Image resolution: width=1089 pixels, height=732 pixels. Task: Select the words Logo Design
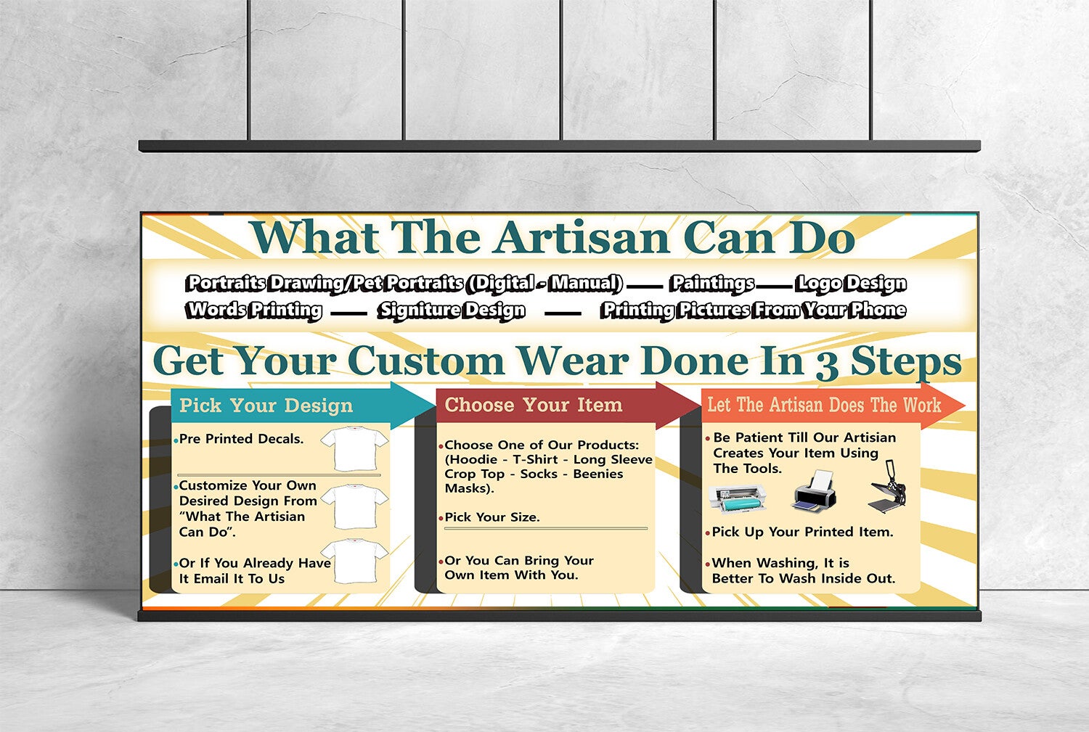tap(851, 284)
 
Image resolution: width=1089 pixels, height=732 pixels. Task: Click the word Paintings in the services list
tap(712, 284)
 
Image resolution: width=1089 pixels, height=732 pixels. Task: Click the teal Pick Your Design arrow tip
tap(434, 405)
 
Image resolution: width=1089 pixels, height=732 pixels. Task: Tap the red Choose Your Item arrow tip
tap(699, 405)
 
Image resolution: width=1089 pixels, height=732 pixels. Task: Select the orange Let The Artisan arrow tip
tap(963, 405)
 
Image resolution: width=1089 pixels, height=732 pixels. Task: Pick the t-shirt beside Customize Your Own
tap(354, 506)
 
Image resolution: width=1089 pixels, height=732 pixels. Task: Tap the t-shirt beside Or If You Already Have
tap(354, 561)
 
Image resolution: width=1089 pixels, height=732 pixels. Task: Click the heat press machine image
tap(888, 487)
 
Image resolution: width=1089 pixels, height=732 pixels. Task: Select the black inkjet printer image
tap(815, 492)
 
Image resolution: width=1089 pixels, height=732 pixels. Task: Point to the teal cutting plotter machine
tap(738, 498)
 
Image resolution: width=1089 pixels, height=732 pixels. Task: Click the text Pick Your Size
tap(492, 517)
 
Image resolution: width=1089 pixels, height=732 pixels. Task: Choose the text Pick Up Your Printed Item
tap(802, 532)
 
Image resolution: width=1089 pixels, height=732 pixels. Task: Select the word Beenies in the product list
tap(598, 474)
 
